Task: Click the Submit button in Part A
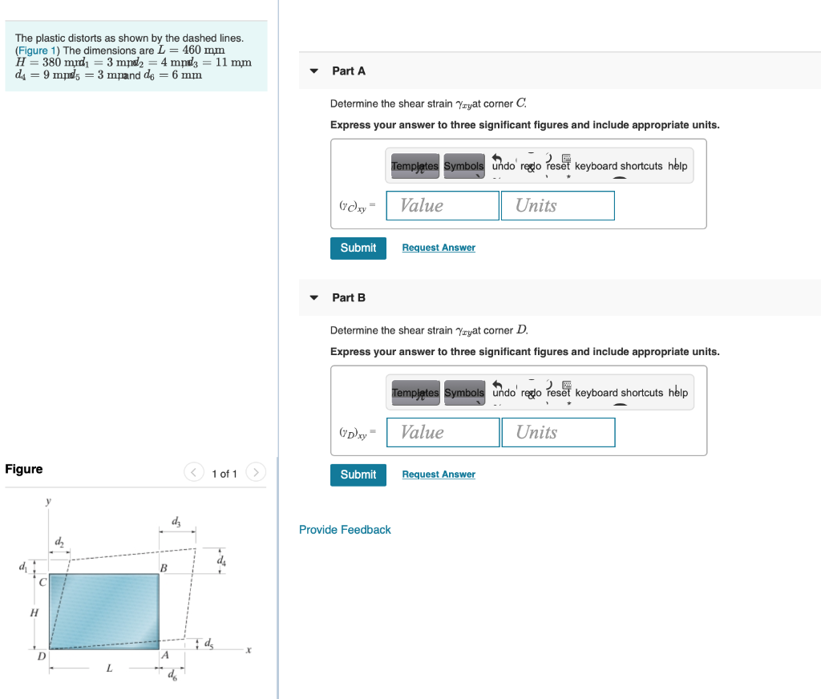[x=358, y=248]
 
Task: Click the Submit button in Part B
[x=358, y=475]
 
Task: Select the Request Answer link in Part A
[x=439, y=248]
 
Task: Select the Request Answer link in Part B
[x=439, y=475]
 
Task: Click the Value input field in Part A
[x=443, y=205]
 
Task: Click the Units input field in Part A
[x=558, y=205]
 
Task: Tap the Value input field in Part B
[x=443, y=432]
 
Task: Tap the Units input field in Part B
[x=558, y=432]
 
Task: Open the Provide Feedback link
[x=345, y=530]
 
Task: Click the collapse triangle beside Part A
[x=314, y=71]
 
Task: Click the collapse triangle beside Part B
[x=314, y=297]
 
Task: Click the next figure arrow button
[x=255, y=473]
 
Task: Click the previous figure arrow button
[x=195, y=473]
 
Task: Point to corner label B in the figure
[x=164, y=568]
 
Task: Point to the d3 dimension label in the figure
[x=176, y=523]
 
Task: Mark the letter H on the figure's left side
[x=34, y=612]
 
